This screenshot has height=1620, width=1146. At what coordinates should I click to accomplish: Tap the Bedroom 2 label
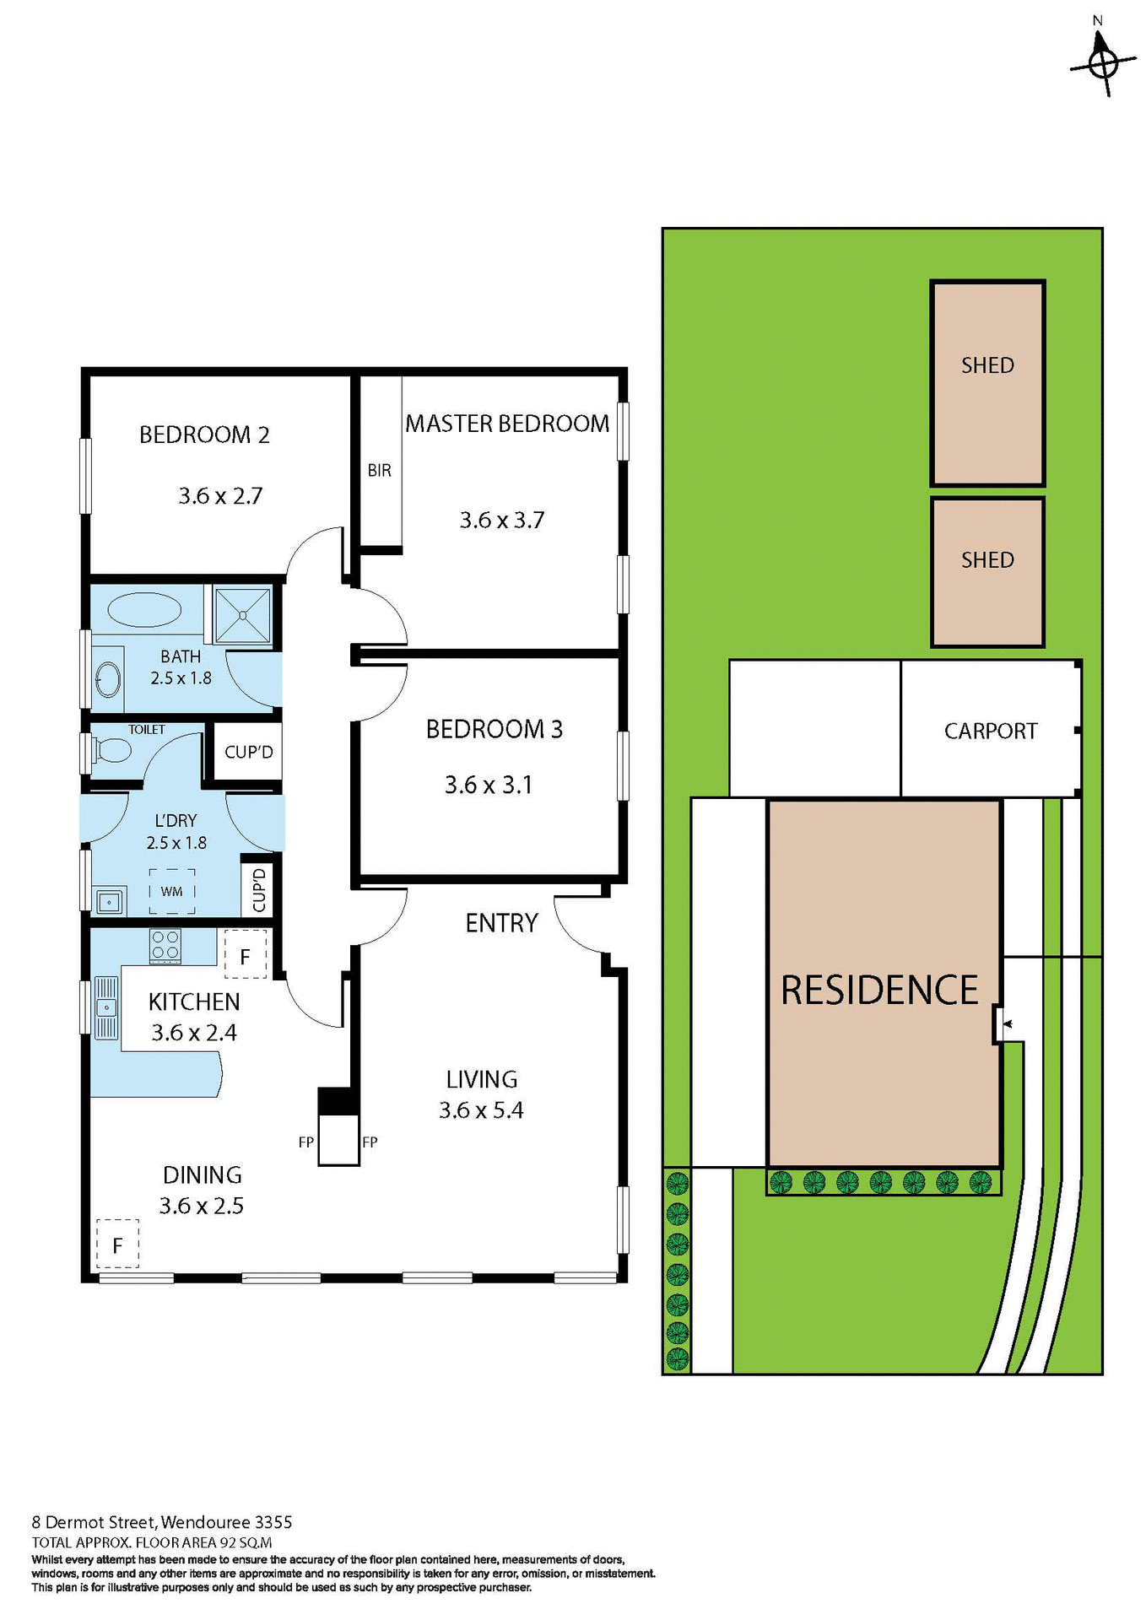click(204, 435)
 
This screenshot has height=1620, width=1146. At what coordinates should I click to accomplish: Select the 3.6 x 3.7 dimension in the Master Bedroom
click(501, 521)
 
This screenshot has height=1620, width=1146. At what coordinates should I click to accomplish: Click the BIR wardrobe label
click(379, 471)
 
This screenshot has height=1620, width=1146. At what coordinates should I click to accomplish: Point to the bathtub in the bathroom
click(145, 609)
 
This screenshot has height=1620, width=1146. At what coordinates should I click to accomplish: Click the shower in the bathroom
click(242, 615)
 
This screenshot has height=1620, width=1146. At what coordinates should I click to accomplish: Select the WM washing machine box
click(172, 891)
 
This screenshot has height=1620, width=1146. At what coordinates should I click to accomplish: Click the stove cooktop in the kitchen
click(165, 946)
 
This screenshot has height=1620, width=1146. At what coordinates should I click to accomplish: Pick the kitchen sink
click(106, 1007)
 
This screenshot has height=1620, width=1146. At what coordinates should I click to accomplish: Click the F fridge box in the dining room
click(117, 1245)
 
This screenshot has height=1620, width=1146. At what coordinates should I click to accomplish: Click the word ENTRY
click(501, 923)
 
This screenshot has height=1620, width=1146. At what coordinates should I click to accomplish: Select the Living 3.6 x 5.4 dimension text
click(481, 1110)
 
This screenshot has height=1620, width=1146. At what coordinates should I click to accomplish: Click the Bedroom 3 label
click(494, 730)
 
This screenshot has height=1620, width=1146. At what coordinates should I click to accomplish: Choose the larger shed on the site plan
click(987, 384)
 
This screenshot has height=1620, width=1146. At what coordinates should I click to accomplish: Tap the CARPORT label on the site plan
click(991, 732)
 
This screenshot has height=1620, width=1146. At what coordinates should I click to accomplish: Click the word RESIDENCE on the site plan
click(879, 991)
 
